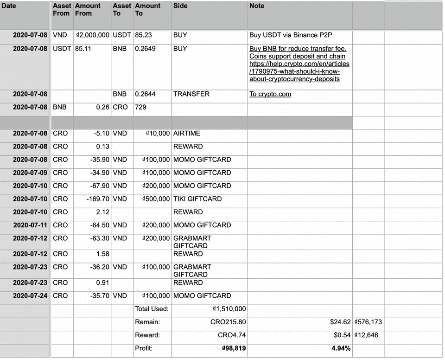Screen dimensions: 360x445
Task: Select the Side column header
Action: [x=180, y=6]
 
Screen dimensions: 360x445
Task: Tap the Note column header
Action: [x=257, y=6]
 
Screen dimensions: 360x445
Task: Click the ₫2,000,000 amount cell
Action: [x=92, y=35]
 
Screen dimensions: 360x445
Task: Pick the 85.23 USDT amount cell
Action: [x=143, y=35]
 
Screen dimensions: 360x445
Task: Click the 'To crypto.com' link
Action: [x=270, y=94]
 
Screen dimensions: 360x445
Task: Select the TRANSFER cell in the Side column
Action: [x=191, y=94]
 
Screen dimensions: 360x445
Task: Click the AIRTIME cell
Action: [x=187, y=134]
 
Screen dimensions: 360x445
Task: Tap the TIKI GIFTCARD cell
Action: [x=197, y=199]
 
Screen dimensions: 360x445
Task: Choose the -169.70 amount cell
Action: [x=98, y=199]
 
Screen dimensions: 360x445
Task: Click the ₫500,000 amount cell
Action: [x=156, y=199]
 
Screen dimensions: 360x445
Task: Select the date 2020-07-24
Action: [x=30, y=296]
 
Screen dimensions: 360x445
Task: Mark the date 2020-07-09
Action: [x=30, y=173]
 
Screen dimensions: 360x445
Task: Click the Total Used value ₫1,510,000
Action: [x=229, y=309]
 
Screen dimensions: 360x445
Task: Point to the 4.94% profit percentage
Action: [x=341, y=348]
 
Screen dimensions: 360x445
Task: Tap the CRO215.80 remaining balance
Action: [x=232, y=322]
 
